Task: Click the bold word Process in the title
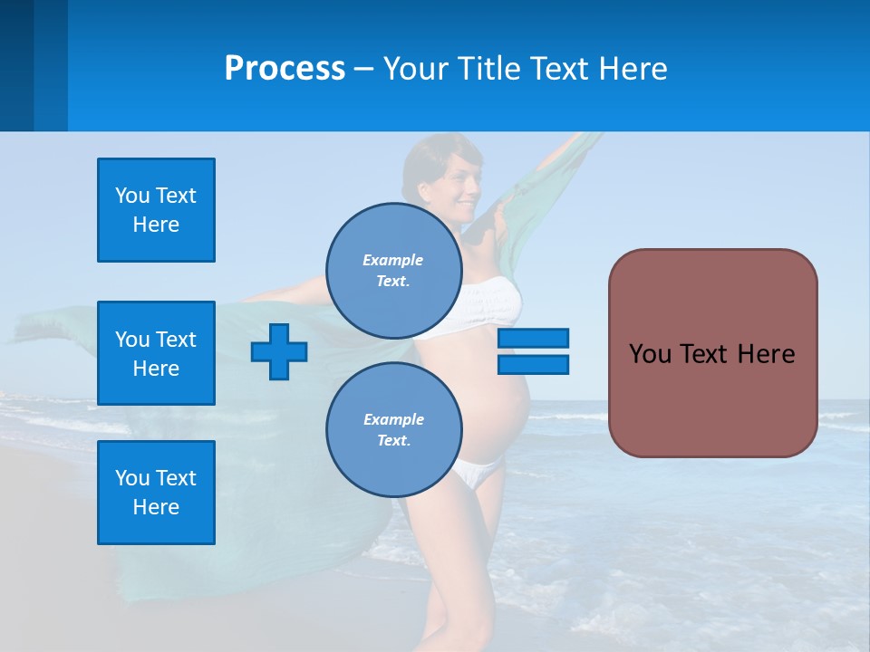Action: pyautogui.click(x=285, y=69)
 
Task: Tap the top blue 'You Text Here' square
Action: pyautogui.click(x=156, y=210)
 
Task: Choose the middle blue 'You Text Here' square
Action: pyautogui.click(x=156, y=353)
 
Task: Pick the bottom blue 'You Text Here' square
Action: pyautogui.click(x=156, y=493)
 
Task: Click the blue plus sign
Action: pyautogui.click(x=279, y=350)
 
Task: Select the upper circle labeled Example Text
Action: pyautogui.click(x=393, y=270)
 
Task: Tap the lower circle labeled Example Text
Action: pyautogui.click(x=393, y=429)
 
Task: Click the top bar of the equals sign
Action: pyautogui.click(x=533, y=338)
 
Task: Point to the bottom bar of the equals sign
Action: pyautogui.click(x=533, y=365)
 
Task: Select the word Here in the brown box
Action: pyautogui.click(x=766, y=354)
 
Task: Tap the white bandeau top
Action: pyautogui.click(x=489, y=303)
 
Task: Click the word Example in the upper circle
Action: pyautogui.click(x=393, y=260)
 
